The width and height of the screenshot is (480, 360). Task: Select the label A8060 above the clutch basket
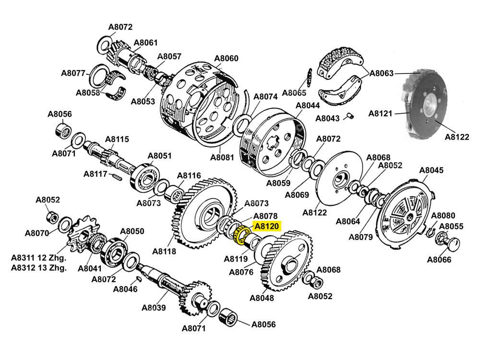coord(226,59)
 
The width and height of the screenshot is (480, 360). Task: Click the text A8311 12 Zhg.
coord(38,258)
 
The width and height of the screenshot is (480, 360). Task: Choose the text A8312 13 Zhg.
coord(38,268)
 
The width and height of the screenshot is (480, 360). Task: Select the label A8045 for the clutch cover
coord(432,170)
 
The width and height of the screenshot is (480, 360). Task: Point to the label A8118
coord(164,251)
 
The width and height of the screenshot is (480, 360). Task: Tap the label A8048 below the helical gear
coord(262,298)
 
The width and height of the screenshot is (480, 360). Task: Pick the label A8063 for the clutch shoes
coord(382,73)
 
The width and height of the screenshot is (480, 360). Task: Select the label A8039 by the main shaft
coord(154,308)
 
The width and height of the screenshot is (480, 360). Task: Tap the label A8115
coord(117,139)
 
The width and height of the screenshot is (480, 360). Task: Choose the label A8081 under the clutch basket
coord(222,157)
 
